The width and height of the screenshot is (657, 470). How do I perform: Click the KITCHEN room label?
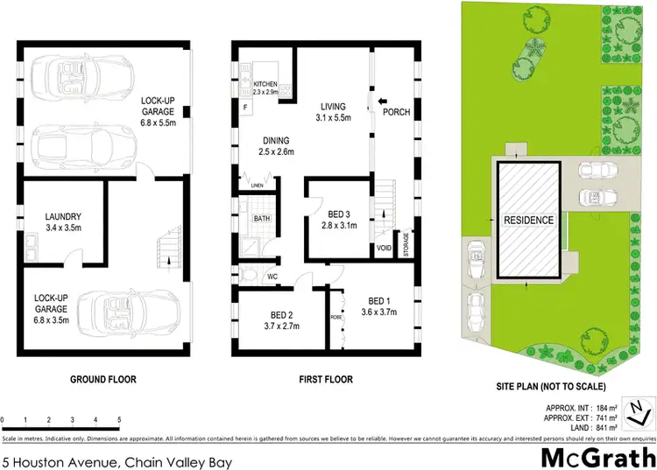265,87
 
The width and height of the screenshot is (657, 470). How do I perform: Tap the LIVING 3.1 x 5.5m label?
333,112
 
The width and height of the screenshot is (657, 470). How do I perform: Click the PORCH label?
397,112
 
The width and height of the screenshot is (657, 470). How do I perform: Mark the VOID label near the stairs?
384,248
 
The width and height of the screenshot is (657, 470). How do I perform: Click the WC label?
272,277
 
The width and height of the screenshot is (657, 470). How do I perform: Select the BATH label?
262,219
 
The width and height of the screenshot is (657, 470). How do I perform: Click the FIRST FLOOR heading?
326,380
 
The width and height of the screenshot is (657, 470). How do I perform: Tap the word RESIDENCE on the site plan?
528,221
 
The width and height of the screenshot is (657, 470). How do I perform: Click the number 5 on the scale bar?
118,420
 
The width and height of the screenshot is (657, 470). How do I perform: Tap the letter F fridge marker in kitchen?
245,105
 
